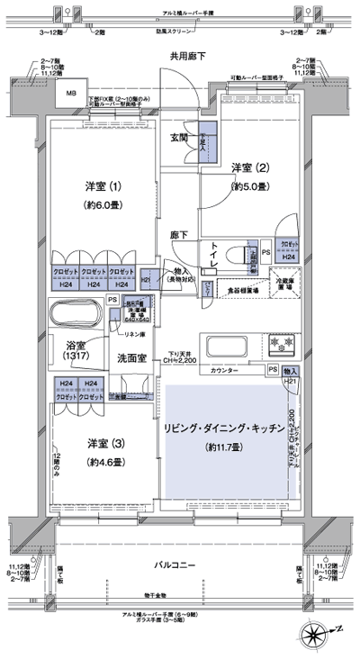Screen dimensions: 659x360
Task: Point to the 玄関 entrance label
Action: [x=180, y=138]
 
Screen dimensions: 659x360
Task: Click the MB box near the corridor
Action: [x=69, y=93]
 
